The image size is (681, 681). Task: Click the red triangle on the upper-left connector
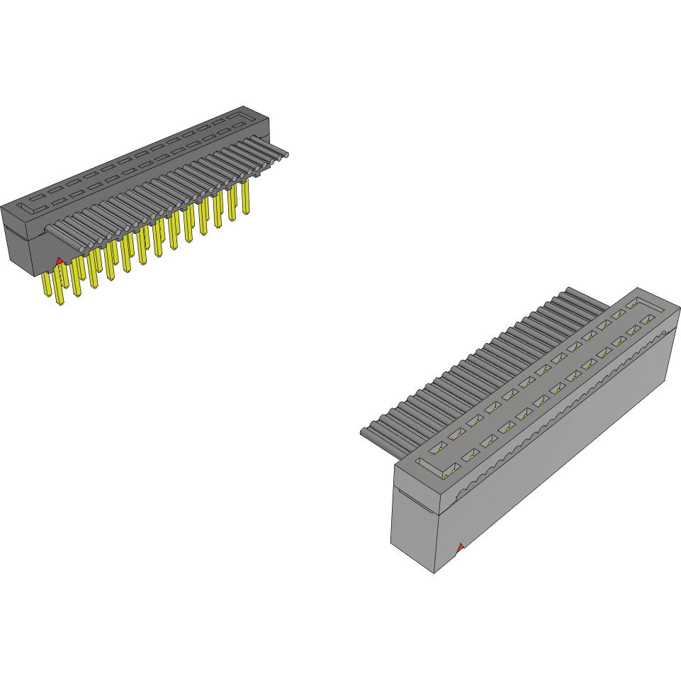point(60,261)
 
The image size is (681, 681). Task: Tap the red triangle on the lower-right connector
point(461,547)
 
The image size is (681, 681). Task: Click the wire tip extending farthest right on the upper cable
point(285,154)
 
